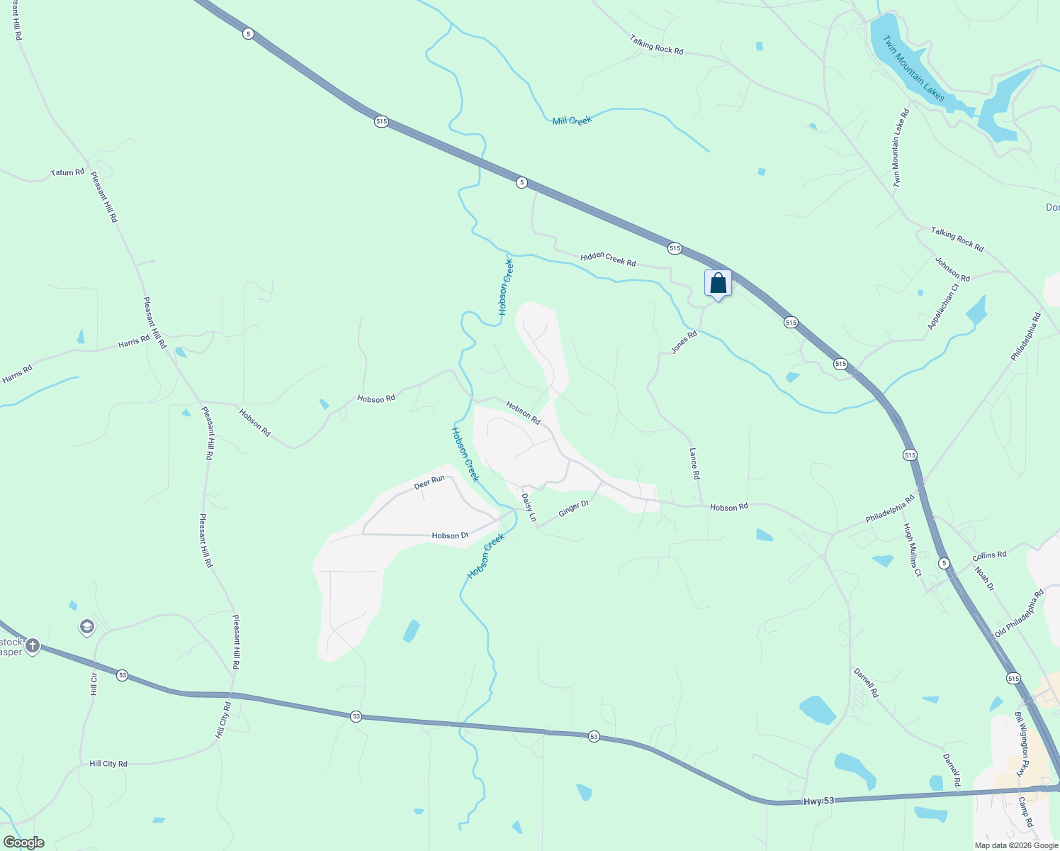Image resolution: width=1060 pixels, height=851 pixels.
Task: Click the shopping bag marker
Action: (718, 284)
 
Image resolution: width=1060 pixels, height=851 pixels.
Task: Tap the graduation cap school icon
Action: (87, 627)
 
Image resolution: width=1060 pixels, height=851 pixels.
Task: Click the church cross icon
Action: (32, 646)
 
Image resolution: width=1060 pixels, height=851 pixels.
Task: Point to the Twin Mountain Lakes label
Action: (913, 68)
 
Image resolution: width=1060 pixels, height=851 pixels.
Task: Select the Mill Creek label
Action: (572, 121)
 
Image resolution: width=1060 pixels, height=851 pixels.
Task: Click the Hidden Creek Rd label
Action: (608, 260)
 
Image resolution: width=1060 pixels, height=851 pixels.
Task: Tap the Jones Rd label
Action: (684, 342)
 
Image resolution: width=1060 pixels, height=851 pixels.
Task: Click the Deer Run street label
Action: (429, 482)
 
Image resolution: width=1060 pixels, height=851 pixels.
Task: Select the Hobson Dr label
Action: (450, 535)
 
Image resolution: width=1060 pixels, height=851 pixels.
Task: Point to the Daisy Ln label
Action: (529, 508)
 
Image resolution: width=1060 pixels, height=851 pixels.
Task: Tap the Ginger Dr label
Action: (574, 508)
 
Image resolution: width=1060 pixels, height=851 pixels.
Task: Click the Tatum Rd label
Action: (67, 172)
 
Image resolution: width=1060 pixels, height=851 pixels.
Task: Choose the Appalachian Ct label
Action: (943, 306)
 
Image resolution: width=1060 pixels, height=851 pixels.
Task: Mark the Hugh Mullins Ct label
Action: (912, 550)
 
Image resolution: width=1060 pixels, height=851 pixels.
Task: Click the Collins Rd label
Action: (989, 555)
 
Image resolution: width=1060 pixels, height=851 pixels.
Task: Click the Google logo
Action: (23, 842)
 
